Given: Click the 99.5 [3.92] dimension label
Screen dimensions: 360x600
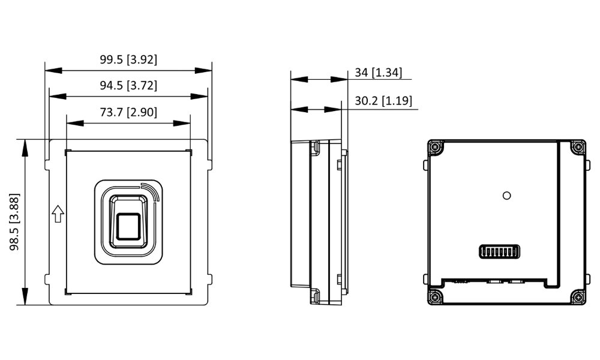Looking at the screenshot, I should [128, 59].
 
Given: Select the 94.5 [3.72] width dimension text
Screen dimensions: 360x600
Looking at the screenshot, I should [128, 85].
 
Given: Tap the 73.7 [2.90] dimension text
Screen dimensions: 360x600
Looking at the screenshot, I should [128, 112].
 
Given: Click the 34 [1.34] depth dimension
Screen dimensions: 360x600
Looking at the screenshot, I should [379, 73].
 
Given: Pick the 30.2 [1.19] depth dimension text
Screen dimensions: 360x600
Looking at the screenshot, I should [383, 100].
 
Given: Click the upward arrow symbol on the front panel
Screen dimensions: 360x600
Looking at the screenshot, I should [58, 214].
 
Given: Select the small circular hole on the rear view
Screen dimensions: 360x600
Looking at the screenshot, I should [508, 194].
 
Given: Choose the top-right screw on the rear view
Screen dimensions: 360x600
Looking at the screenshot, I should [577, 146].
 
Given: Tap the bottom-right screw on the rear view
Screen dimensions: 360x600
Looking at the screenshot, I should [577, 296].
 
